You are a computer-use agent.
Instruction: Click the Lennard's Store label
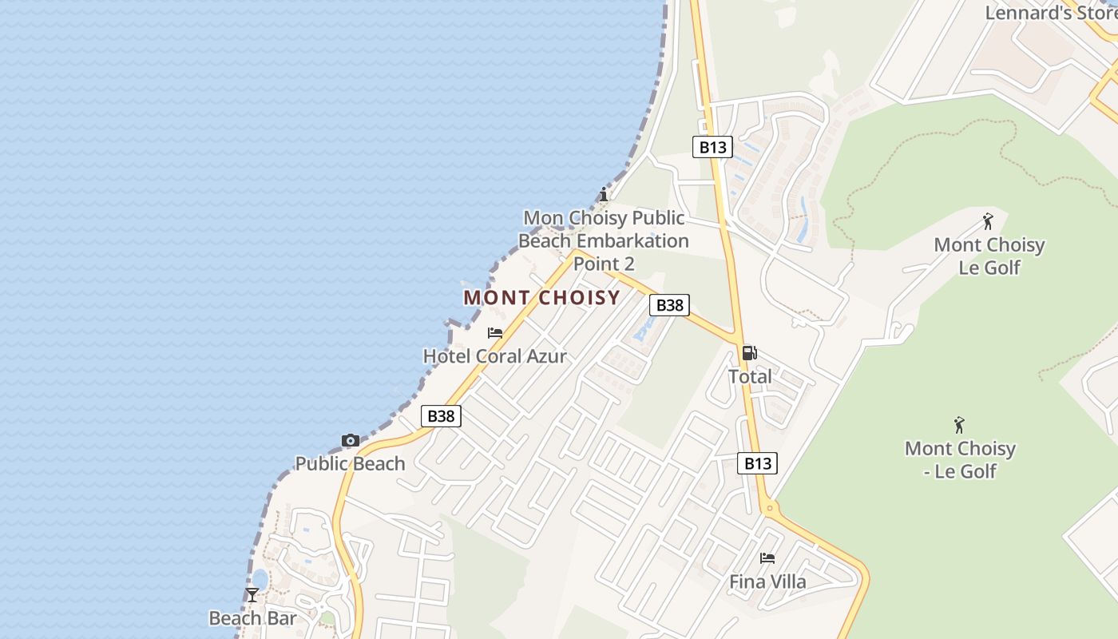[x=1050, y=13]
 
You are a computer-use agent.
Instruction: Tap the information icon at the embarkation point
[x=604, y=194]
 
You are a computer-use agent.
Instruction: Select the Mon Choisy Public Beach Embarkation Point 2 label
[x=603, y=240]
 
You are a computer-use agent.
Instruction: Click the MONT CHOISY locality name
[x=541, y=298]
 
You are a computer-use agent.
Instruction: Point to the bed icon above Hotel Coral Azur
[x=495, y=333]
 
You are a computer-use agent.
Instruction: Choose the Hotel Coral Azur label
[x=494, y=356]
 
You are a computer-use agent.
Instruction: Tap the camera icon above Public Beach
[x=350, y=440]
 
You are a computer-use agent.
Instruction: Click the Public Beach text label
[x=350, y=463]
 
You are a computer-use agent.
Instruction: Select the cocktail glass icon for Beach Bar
[x=252, y=595]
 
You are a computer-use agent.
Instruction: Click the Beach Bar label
[x=252, y=618]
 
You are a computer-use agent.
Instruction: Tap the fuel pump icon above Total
[x=749, y=353]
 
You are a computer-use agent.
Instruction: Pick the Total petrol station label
[x=750, y=376]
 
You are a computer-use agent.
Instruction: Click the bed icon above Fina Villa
[x=767, y=558]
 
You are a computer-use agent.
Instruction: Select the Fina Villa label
[x=767, y=581]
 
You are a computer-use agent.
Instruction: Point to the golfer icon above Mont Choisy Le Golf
[x=989, y=221]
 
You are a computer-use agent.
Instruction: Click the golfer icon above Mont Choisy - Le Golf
[x=960, y=425]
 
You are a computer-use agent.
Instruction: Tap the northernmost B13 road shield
[x=712, y=146]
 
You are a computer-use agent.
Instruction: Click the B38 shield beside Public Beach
[x=441, y=415]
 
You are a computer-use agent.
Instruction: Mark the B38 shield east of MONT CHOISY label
[x=669, y=304]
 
